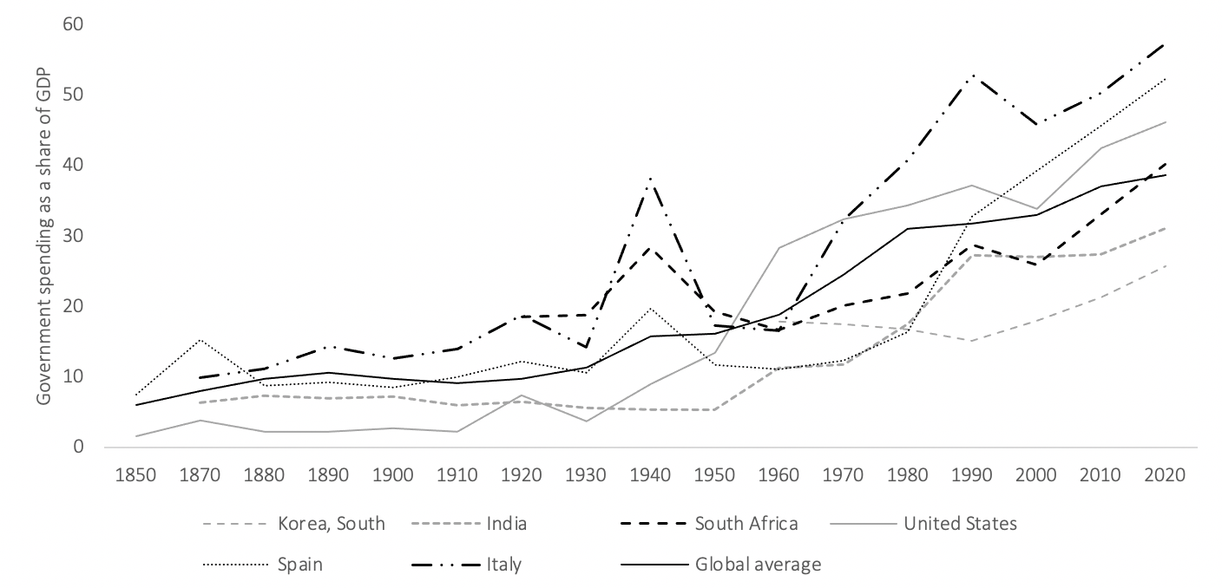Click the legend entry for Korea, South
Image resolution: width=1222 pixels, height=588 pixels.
(x=294, y=524)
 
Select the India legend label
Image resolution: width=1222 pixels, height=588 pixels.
(x=470, y=524)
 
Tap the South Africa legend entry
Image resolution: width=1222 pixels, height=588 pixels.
(x=709, y=524)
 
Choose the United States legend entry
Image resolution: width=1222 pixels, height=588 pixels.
(x=923, y=524)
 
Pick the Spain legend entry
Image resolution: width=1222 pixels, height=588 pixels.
(x=262, y=564)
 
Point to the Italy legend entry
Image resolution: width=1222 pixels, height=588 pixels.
(x=466, y=564)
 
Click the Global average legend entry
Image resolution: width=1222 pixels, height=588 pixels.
(x=720, y=564)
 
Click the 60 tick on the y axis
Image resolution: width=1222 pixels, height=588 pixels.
(x=73, y=24)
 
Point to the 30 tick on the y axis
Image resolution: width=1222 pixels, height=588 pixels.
(x=73, y=235)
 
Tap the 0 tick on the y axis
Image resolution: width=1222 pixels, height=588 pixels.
(x=79, y=447)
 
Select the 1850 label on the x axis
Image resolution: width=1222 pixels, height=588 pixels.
(x=135, y=474)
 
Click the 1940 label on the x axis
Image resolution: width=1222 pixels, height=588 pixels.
(x=650, y=474)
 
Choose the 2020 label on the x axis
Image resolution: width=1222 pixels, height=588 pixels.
(x=1165, y=474)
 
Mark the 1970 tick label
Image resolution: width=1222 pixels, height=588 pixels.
(x=843, y=474)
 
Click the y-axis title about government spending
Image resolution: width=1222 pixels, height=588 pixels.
(x=43, y=236)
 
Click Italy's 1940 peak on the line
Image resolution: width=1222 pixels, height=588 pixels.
(x=650, y=178)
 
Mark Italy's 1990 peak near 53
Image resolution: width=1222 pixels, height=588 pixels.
(x=971, y=75)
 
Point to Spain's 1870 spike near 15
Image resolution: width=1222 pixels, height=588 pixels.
(x=200, y=339)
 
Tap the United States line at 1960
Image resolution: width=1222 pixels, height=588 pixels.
(x=779, y=248)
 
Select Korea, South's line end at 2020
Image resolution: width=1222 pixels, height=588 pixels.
(x=1165, y=265)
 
